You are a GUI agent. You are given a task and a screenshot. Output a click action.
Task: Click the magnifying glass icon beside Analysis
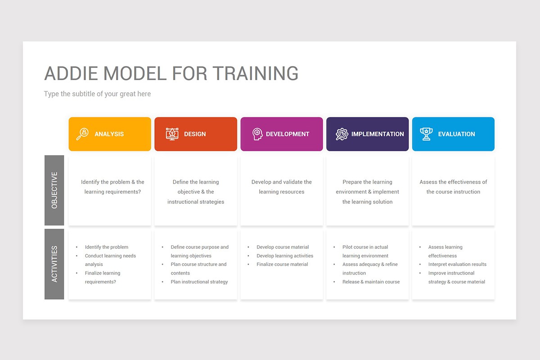click(x=82, y=134)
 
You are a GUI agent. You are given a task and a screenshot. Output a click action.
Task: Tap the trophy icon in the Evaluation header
click(x=426, y=134)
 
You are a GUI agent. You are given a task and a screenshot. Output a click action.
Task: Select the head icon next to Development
click(x=257, y=134)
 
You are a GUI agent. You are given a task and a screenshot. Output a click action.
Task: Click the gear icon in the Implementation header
click(x=342, y=134)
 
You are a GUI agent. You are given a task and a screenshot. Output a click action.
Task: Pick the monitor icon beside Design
click(x=172, y=134)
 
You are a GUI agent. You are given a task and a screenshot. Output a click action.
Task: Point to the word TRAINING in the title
click(x=255, y=73)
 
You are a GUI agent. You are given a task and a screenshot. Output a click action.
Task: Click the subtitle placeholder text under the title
click(x=97, y=94)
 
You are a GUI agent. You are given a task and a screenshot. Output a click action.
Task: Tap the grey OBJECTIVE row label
click(x=54, y=190)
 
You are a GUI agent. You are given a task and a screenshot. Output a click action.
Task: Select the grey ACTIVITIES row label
click(x=54, y=264)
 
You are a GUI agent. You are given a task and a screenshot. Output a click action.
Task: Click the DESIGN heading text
click(x=195, y=134)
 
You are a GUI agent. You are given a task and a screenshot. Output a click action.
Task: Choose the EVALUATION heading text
click(x=456, y=134)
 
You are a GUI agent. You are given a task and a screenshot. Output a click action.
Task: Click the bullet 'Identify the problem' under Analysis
click(x=106, y=247)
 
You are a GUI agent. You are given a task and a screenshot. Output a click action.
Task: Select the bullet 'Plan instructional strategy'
click(x=199, y=282)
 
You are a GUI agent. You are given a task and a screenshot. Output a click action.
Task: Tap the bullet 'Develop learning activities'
click(x=285, y=256)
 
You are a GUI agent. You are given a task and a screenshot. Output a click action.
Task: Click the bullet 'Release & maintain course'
click(x=371, y=282)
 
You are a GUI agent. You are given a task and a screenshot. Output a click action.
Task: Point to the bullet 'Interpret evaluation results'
click(x=457, y=264)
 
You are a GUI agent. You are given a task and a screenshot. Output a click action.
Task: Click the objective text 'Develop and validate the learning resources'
click(x=282, y=187)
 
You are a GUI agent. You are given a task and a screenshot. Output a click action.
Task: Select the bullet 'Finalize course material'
click(x=282, y=264)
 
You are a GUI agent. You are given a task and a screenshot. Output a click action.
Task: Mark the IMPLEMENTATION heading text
click(x=378, y=134)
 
